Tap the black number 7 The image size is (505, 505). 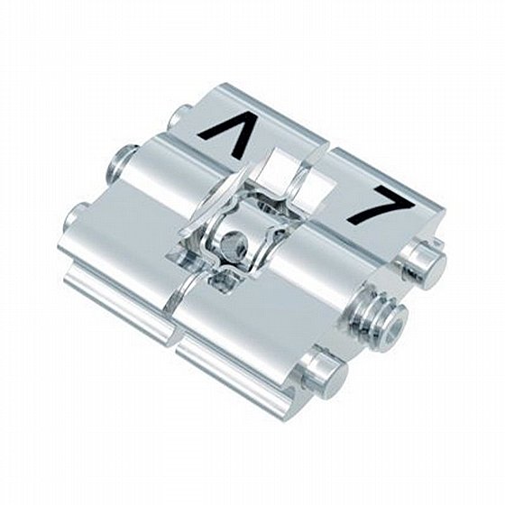pyautogui.click(x=380, y=207)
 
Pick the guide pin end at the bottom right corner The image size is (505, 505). pyautogui.click(x=326, y=374)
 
